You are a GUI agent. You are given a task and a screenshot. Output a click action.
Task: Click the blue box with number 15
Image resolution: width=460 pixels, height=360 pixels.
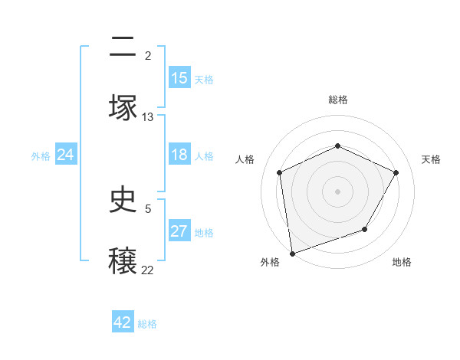(179, 78)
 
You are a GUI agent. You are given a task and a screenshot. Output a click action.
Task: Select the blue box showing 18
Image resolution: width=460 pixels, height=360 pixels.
(179, 155)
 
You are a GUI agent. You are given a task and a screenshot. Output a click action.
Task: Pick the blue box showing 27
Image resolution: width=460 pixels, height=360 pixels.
(179, 231)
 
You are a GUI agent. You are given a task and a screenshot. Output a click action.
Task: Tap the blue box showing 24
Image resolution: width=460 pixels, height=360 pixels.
(66, 155)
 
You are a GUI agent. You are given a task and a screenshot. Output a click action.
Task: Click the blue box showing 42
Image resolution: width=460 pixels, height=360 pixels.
(123, 322)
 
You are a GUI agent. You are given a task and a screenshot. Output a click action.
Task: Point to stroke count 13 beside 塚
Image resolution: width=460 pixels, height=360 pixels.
(148, 117)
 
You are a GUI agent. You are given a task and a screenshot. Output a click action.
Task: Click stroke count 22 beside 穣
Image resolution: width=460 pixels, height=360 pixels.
(148, 270)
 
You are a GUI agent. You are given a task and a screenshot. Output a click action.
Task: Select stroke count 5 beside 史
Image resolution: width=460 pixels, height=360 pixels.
(148, 208)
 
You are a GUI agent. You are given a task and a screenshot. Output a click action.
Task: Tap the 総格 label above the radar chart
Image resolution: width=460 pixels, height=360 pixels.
(338, 100)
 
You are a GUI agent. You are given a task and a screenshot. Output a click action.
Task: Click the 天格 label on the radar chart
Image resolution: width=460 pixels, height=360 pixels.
(431, 159)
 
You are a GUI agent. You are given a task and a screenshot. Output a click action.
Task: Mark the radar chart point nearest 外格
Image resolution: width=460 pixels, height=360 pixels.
(292, 253)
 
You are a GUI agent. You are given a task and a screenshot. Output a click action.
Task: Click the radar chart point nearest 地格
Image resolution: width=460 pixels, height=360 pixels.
(365, 229)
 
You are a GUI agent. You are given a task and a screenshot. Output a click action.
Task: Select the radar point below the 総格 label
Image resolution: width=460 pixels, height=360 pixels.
(338, 146)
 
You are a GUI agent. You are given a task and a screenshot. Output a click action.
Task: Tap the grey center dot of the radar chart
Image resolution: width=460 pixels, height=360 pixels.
(338, 191)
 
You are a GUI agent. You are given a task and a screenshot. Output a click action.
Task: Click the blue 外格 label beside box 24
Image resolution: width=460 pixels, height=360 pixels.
(41, 155)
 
